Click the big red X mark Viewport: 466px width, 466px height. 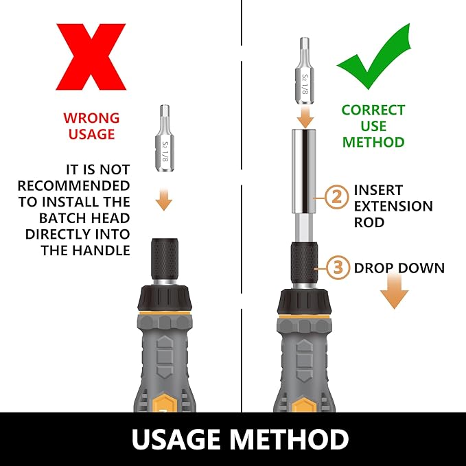[x=91, y=57]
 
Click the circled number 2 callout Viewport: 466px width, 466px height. [x=337, y=197]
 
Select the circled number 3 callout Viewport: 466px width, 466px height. [x=338, y=267]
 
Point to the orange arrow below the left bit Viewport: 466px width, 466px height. [x=164, y=199]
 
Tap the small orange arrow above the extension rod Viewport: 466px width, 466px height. [x=305, y=117]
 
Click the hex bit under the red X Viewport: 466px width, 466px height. [x=164, y=138]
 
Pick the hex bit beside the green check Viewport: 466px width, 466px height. [x=304, y=71]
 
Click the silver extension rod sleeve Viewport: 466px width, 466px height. [x=304, y=172]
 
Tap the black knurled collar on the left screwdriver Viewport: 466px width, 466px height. [x=165, y=259]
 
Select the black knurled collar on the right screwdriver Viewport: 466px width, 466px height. [x=304, y=263]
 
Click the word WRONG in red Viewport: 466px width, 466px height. [x=91, y=118]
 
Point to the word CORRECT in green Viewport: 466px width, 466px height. [x=373, y=110]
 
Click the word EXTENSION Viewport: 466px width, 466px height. [x=393, y=207]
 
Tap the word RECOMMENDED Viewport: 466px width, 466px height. [x=73, y=186]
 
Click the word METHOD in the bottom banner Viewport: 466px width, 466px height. [x=289, y=439]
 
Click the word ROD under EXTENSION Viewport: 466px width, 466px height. [x=369, y=222]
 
